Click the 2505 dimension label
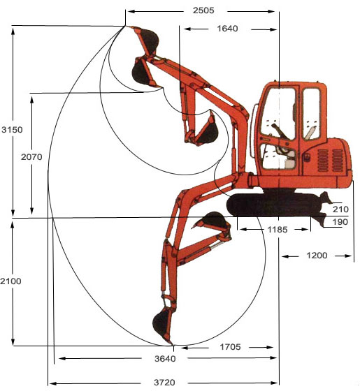tap(203, 10)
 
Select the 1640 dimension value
tap(227, 29)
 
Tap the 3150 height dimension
tap(12, 130)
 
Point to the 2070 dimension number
tap(31, 157)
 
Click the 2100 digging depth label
tap(10, 281)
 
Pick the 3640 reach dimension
tap(165, 359)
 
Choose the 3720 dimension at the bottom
tap(164, 383)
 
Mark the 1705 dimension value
tap(230, 347)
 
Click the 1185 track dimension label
tap(278, 230)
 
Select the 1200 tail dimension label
tap(317, 256)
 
